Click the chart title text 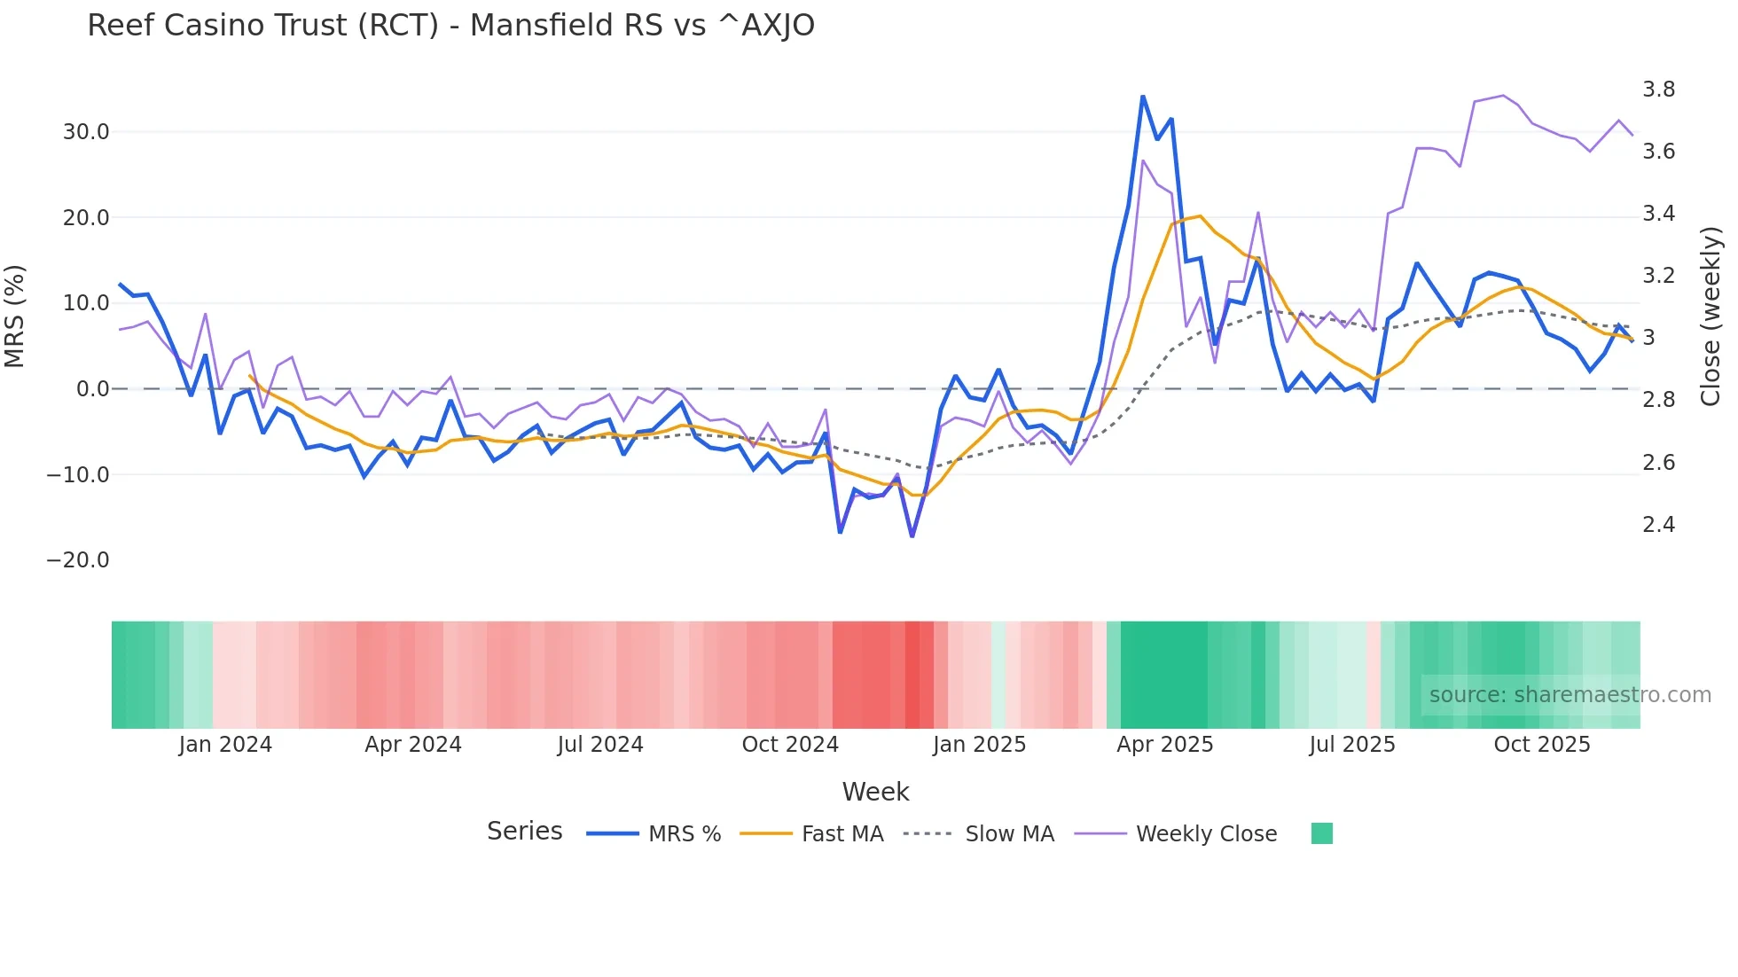pyautogui.click(x=450, y=26)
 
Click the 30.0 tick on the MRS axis pyautogui.click(x=86, y=132)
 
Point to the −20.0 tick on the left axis pyautogui.click(x=78, y=560)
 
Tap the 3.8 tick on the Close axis pyautogui.click(x=1658, y=90)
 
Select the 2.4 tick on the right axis pyautogui.click(x=1658, y=525)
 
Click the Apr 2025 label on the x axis pyautogui.click(x=1164, y=745)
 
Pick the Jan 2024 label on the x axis pyautogui.click(x=225, y=745)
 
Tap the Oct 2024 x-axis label pyautogui.click(x=790, y=745)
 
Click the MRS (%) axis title pyautogui.click(x=15, y=317)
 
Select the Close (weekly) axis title pyautogui.click(x=1711, y=317)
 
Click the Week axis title pyautogui.click(x=875, y=792)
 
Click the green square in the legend pyautogui.click(x=1321, y=833)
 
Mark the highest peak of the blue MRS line pyautogui.click(x=1143, y=96)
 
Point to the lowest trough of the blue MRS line pyautogui.click(x=912, y=536)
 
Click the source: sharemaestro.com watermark pyautogui.click(x=1570, y=695)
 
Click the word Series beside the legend pyautogui.click(x=524, y=832)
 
